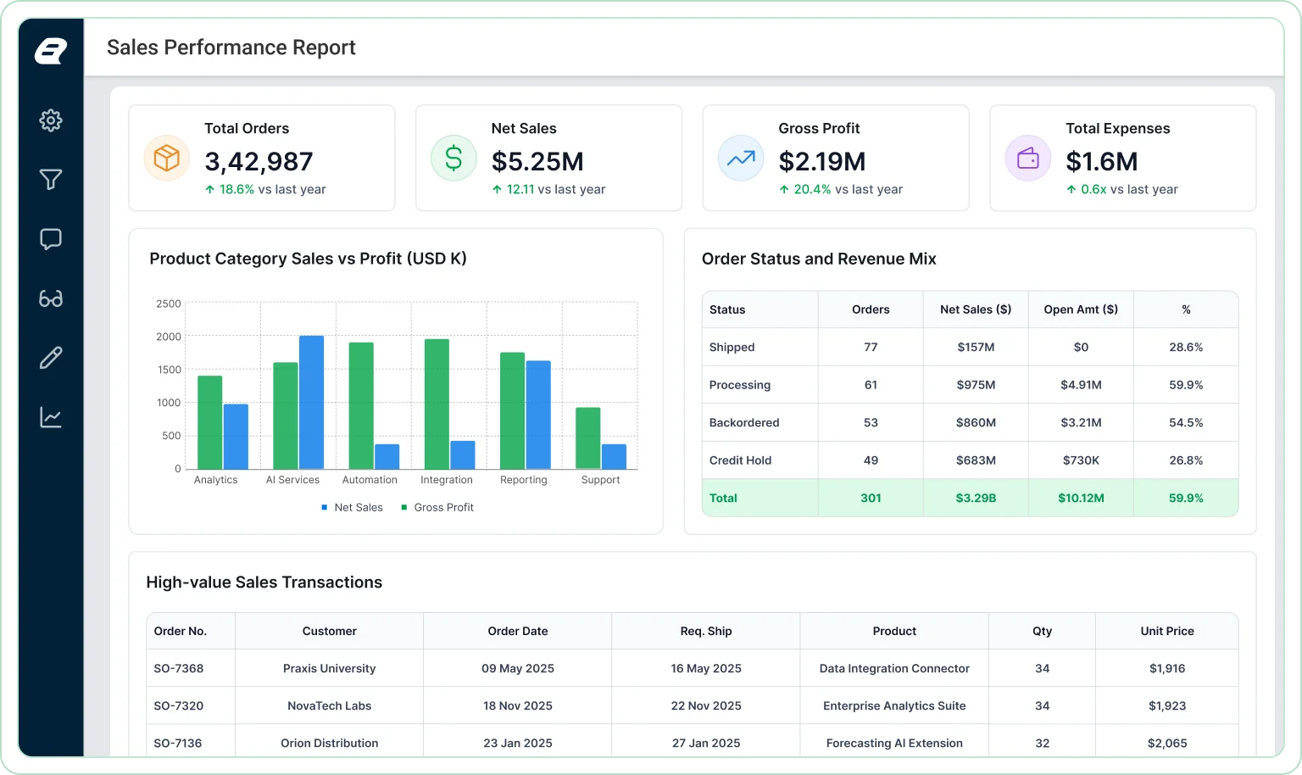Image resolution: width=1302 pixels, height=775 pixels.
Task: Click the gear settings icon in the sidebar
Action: pyautogui.click(x=51, y=120)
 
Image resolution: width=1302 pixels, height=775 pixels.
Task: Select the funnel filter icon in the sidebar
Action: pyautogui.click(x=51, y=179)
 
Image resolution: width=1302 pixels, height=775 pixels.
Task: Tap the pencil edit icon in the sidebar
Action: pyautogui.click(x=51, y=358)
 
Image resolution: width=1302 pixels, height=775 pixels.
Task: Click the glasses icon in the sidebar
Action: pyautogui.click(x=51, y=298)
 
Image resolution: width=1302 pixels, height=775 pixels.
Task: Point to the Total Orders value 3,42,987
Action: pyautogui.click(x=259, y=161)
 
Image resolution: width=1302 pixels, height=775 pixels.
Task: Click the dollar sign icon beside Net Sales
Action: pyautogui.click(x=453, y=159)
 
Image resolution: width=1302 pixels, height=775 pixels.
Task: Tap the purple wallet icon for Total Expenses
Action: pyautogui.click(x=1027, y=159)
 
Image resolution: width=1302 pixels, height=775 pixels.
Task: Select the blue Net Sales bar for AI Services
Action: pyautogui.click(x=312, y=402)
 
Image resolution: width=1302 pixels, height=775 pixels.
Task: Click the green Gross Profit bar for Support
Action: pyautogui.click(x=588, y=438)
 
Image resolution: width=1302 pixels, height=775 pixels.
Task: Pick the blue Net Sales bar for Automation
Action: pyautogui.click(x=387, y=456)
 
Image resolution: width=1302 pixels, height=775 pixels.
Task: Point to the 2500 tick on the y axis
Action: pyautogui.click(x=169, y=304)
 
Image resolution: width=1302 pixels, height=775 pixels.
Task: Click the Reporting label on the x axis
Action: pyautogui.click(x=524, y=480)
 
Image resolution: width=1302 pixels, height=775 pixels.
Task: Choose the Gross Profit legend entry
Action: pyautogui.click(x=437, y=508)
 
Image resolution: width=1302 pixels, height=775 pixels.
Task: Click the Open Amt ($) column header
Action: pyautogui.click(x=1081, y=309)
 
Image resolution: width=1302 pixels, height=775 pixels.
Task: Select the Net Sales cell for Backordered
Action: pyautogui.click(x=976, y=422)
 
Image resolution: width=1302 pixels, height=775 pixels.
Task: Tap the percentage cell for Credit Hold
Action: pyautogui.click(x=1186, y=460)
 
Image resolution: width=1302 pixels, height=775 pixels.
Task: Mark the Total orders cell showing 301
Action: pyautogui.click(x=871, y=499)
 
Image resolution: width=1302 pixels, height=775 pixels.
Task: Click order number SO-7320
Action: pyautogui.click(x=179, y=705)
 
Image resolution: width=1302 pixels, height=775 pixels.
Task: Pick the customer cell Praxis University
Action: pyautogui.click(x=329, y=669)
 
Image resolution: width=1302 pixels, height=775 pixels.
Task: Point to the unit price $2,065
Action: pyautogui.click(x=1167, y=743)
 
